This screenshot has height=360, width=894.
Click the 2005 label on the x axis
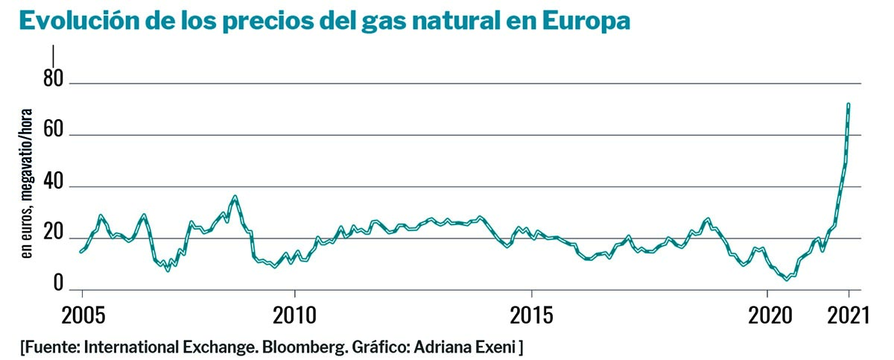coord(82,315)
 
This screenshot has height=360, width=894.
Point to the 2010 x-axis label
coord(294,315)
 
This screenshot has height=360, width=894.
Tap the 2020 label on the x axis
coord(768,315)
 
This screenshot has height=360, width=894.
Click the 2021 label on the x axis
coord(849,315)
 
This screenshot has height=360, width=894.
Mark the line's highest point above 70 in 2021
coord(849,104)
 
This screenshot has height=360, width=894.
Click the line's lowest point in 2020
coord(787,280)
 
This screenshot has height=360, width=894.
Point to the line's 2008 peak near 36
coord(235,197)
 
